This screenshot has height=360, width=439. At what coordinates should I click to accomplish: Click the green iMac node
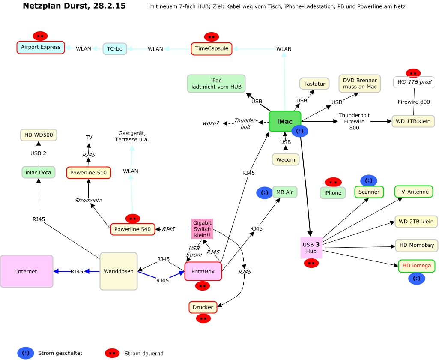(x=285, y=122)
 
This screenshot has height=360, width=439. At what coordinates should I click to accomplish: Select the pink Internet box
(x=27, y=271)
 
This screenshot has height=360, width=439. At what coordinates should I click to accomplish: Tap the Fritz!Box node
(x=203, y=271)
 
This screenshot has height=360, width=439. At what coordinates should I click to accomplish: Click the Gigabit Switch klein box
(x=202, y=229)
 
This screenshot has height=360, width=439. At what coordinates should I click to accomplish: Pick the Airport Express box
(x=41, y=47)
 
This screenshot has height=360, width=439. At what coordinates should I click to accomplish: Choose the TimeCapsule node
(x=212, y=48)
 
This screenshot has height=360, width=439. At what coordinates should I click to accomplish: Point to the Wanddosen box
(x=119, y=271)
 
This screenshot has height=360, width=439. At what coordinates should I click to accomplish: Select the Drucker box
(x=203, y=307)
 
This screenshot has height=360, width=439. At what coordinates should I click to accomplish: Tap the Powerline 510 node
(x=89, y=173)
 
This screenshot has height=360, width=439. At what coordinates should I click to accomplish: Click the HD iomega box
(x=416, y=266)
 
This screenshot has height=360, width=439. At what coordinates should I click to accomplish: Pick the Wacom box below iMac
(x=286, y=159)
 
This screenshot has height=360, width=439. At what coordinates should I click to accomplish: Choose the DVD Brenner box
(x=360, y=84)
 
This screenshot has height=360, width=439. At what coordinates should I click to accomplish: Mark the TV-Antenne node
(x=413, y=192)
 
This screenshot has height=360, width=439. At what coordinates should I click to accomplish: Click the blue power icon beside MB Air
(x=265, y=193)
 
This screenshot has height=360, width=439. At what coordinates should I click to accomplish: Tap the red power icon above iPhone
(x=333, y=182)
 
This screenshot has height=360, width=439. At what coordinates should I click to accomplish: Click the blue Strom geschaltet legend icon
(x=26, y=353)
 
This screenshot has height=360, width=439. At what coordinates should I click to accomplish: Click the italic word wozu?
(x=211, y=123)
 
